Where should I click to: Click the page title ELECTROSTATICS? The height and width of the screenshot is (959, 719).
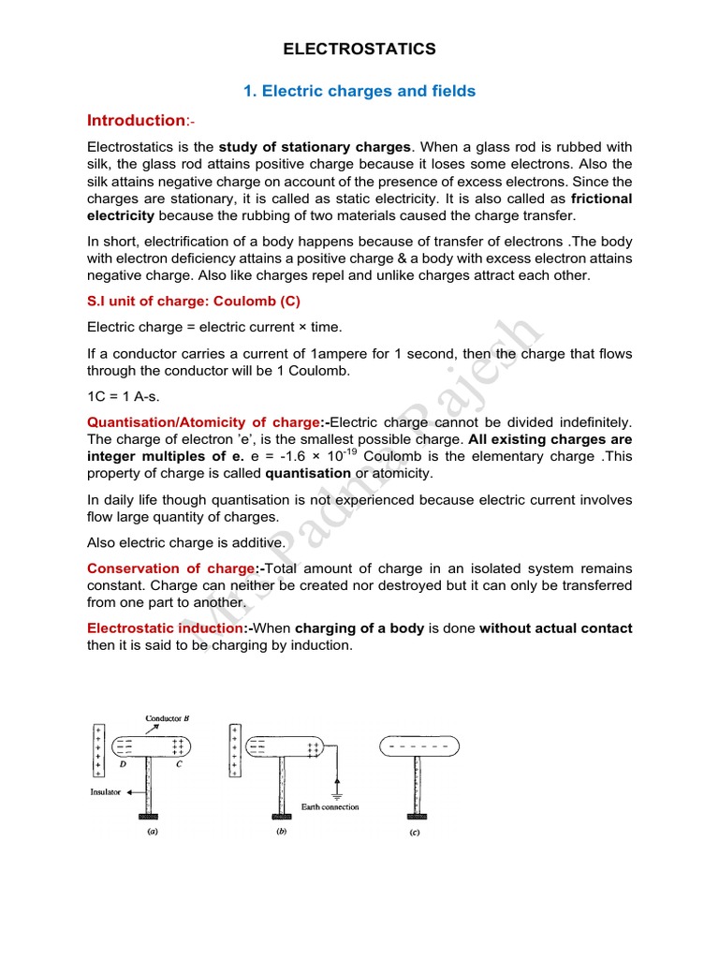point(359,49)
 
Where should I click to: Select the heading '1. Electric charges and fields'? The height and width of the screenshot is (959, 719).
point(359,91)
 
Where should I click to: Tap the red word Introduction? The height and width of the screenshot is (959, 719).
point(136,120)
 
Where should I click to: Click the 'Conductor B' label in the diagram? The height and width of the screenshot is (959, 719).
point(168,718)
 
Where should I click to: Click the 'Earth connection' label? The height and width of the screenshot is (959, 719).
point(330,806)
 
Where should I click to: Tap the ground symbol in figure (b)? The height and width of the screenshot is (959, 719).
point(339,789)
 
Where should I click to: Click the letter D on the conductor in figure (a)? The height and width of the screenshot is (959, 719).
point(124,763)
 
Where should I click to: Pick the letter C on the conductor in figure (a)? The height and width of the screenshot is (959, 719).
point(179,763)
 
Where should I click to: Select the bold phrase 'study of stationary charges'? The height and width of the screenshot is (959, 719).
point(315,147)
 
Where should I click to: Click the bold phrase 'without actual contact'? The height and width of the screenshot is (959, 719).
point(556,627)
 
